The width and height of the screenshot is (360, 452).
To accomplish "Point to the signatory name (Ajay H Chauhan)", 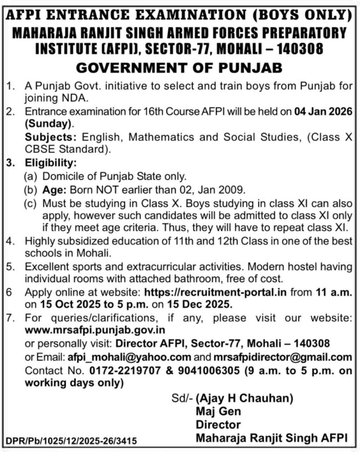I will point(244,399).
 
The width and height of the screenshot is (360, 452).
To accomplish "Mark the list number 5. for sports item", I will point(9,267).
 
